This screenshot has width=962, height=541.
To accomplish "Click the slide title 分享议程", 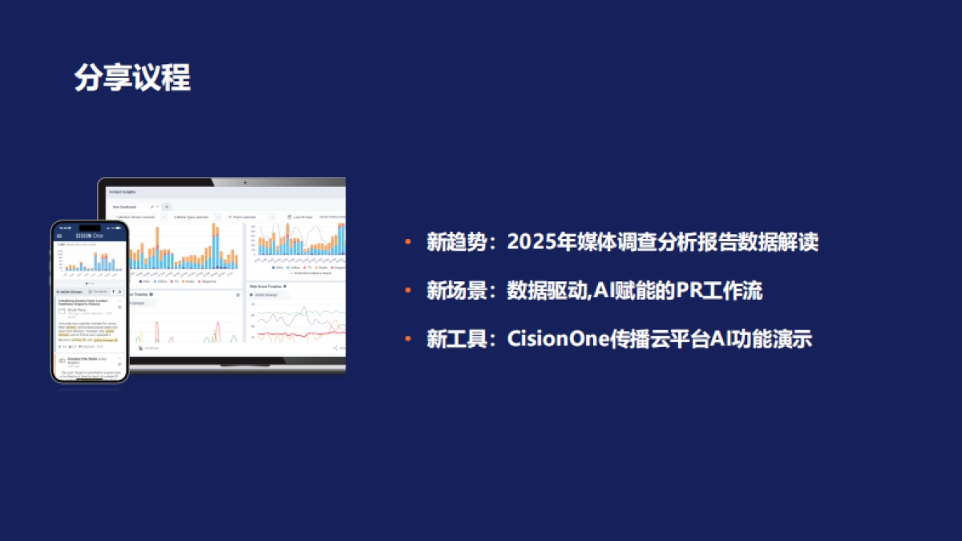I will pos(132,79).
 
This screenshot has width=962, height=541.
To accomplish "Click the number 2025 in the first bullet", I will pos(530,243).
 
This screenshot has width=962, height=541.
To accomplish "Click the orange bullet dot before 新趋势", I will pos(408,243).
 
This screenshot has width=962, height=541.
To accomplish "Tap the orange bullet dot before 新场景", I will pos(408,291).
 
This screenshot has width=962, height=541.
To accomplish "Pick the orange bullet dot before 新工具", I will pos(408,339).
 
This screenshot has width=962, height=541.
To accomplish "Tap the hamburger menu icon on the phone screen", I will pos(59,236).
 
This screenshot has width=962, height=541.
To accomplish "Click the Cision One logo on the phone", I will pos(89,236).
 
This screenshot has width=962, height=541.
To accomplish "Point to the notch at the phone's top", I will pos(89,227).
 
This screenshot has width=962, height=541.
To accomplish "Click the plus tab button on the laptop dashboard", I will pos(167,207).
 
